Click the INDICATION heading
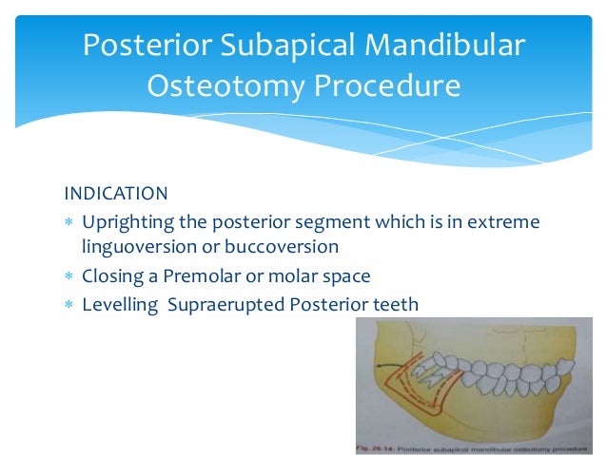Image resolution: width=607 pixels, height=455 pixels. (116, 194)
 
